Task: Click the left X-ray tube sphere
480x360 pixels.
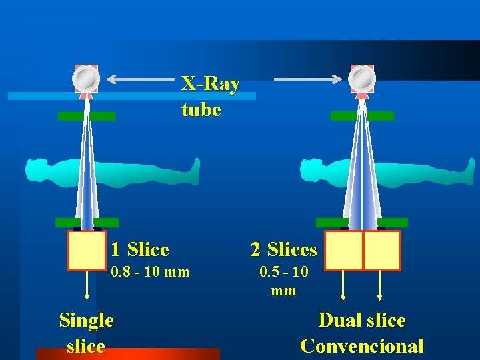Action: coord(86,79)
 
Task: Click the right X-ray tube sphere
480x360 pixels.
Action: coord(362,79)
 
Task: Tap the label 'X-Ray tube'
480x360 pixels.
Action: coord(210,97)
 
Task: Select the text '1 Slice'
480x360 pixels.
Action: coord(140,250)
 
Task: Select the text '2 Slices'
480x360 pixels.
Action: coord(283,250)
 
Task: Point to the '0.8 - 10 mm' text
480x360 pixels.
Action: coord(150,272)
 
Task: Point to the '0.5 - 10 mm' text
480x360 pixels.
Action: coord(283,281)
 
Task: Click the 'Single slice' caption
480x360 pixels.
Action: coord(86,333)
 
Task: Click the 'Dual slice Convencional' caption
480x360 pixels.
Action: coord(362,333)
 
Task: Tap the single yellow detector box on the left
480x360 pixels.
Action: coord(87,250)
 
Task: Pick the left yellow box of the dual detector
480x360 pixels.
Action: coord(343,250)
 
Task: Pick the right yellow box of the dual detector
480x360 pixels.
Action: coord(382,250)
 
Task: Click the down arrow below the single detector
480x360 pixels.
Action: coord(87,287)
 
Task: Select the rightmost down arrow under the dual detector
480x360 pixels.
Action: coord(380,287)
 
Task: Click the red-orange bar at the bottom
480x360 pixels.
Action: coord(127,354)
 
